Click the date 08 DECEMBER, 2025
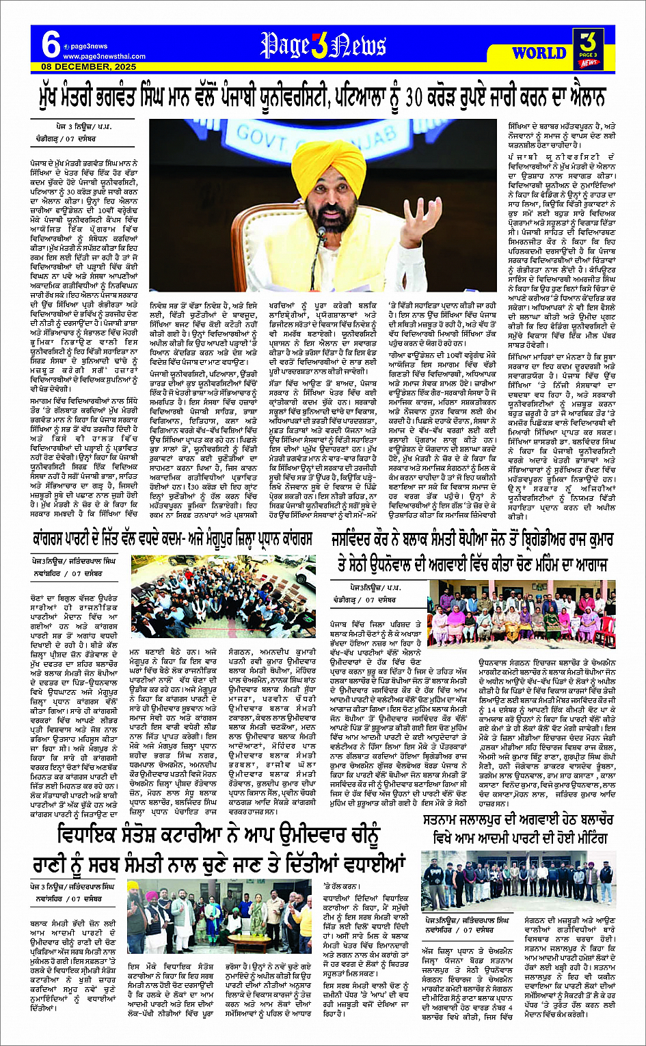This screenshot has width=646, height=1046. [x=85, y=66]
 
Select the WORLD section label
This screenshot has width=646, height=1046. [x=538, y=53]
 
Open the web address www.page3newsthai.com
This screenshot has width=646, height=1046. [x=105, y=56]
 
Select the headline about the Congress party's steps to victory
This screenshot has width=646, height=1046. [x=173, y=538]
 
